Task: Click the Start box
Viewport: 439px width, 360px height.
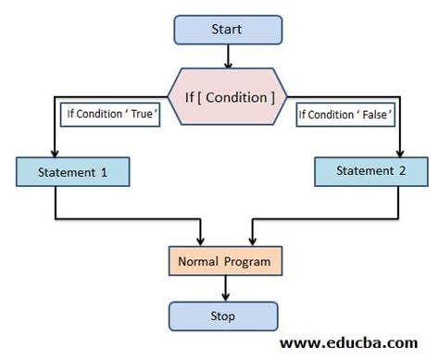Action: pyautogui.click(x=226, y=29)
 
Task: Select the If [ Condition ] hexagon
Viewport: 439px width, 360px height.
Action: pyautogui.click(x=226, y=95)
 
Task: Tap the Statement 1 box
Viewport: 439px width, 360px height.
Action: pyautogui.click(x=72, y=171)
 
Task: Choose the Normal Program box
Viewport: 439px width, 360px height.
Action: pyautogui.click(x=225, y=262)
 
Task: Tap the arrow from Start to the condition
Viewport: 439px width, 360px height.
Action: pyautogui.click(x=226, y=56)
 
